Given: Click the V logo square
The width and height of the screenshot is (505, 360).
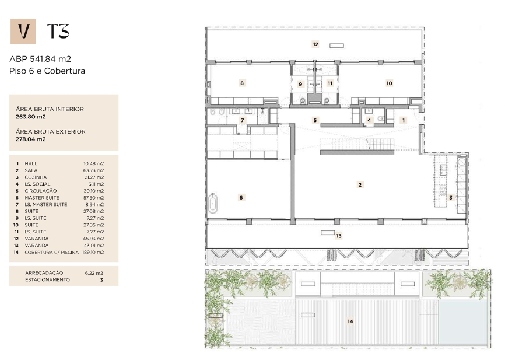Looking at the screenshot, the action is pyautogui.click(x=23, y=32).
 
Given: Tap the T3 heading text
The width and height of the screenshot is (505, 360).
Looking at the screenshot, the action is pyautogui.click(x=58, y=31).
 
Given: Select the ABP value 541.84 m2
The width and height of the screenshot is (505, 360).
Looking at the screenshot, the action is pyautogui.click(x=51, y=59).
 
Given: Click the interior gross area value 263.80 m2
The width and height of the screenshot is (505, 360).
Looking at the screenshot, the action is pyautogui.click(x=31, y=117).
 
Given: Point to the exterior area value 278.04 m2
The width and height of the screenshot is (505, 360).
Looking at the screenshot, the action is pyautogui.click(x=31, y=139).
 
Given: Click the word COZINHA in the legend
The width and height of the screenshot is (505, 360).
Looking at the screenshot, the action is pyautogui.click(x=36, y=177).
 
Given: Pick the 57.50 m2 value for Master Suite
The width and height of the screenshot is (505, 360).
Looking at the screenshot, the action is pyautogui.click(x=94, y=198).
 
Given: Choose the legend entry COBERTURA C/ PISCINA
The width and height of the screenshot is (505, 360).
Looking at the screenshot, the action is pyautogui.click(x=51, y=253).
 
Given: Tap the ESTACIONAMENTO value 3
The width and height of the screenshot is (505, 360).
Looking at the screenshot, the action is pyautogui.click(x=101, y=280).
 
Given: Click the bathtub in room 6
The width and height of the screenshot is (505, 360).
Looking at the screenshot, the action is pyautogui.click(x=213, y=203).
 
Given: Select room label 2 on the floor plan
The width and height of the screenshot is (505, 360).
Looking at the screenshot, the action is pyautogui.click(x=360, y=185).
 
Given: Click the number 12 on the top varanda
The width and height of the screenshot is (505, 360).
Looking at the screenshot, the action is pyautogui.click(x=315, y=44).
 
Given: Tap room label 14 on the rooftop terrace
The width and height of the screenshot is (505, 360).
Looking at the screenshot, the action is pyautogui.click(x=350, y=321).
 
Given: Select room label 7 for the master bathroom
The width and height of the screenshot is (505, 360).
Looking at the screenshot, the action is pyautogui.click(x=243, y=120).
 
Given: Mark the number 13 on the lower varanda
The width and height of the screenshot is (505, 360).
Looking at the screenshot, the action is pyautogui.click(x=339, y=236).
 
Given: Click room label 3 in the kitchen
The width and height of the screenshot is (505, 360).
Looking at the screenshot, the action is pyautogui.click(x=451, y=198).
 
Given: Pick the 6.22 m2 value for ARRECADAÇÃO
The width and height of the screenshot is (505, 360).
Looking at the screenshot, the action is pyautogui.click(x=94, y=273).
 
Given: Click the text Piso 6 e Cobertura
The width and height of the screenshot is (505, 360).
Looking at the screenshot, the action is pyautogui.click(x=47, y=71).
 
